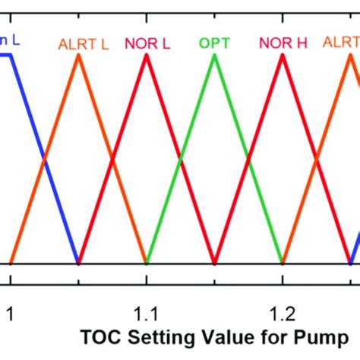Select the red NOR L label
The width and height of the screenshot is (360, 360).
click(x=149, y=43)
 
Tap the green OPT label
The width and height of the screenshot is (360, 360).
click(x=214, y=43)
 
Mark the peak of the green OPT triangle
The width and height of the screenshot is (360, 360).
click(x=214, y=56)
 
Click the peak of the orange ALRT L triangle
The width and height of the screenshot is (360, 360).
click(x=78, y=56)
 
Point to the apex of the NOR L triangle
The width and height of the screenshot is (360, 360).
click(x=147, y=56)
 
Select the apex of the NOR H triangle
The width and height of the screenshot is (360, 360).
click(x=283, y=56)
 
